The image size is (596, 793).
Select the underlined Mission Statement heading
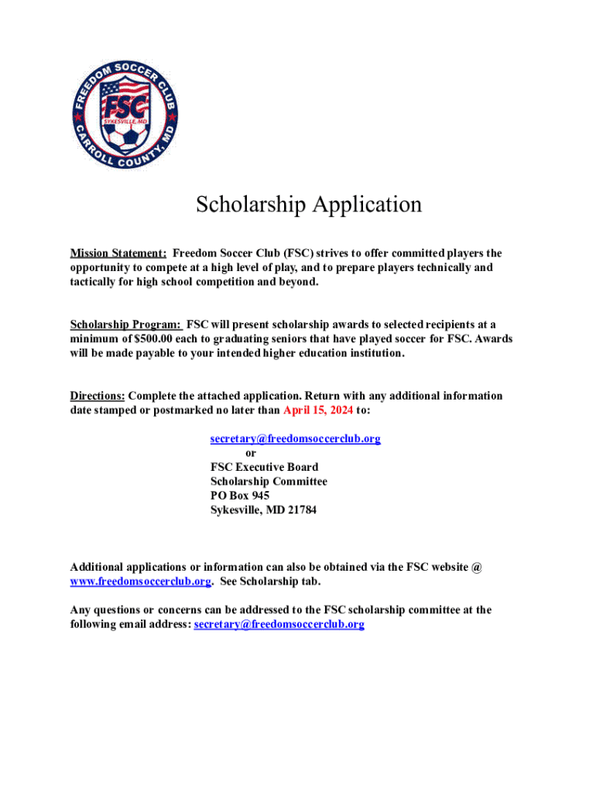point(118,253)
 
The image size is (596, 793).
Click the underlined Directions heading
point(98,396)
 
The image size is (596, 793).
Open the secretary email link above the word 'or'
point(296,438)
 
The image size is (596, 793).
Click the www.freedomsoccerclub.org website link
point(140,581)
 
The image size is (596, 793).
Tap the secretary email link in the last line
point(279,624)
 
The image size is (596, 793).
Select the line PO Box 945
point(240,496)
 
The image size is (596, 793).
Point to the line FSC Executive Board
point(264,467)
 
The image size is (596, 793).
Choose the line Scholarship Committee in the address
point(269,481)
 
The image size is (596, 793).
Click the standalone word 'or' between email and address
point(251,453)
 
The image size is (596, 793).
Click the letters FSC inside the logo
point(125,106)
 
